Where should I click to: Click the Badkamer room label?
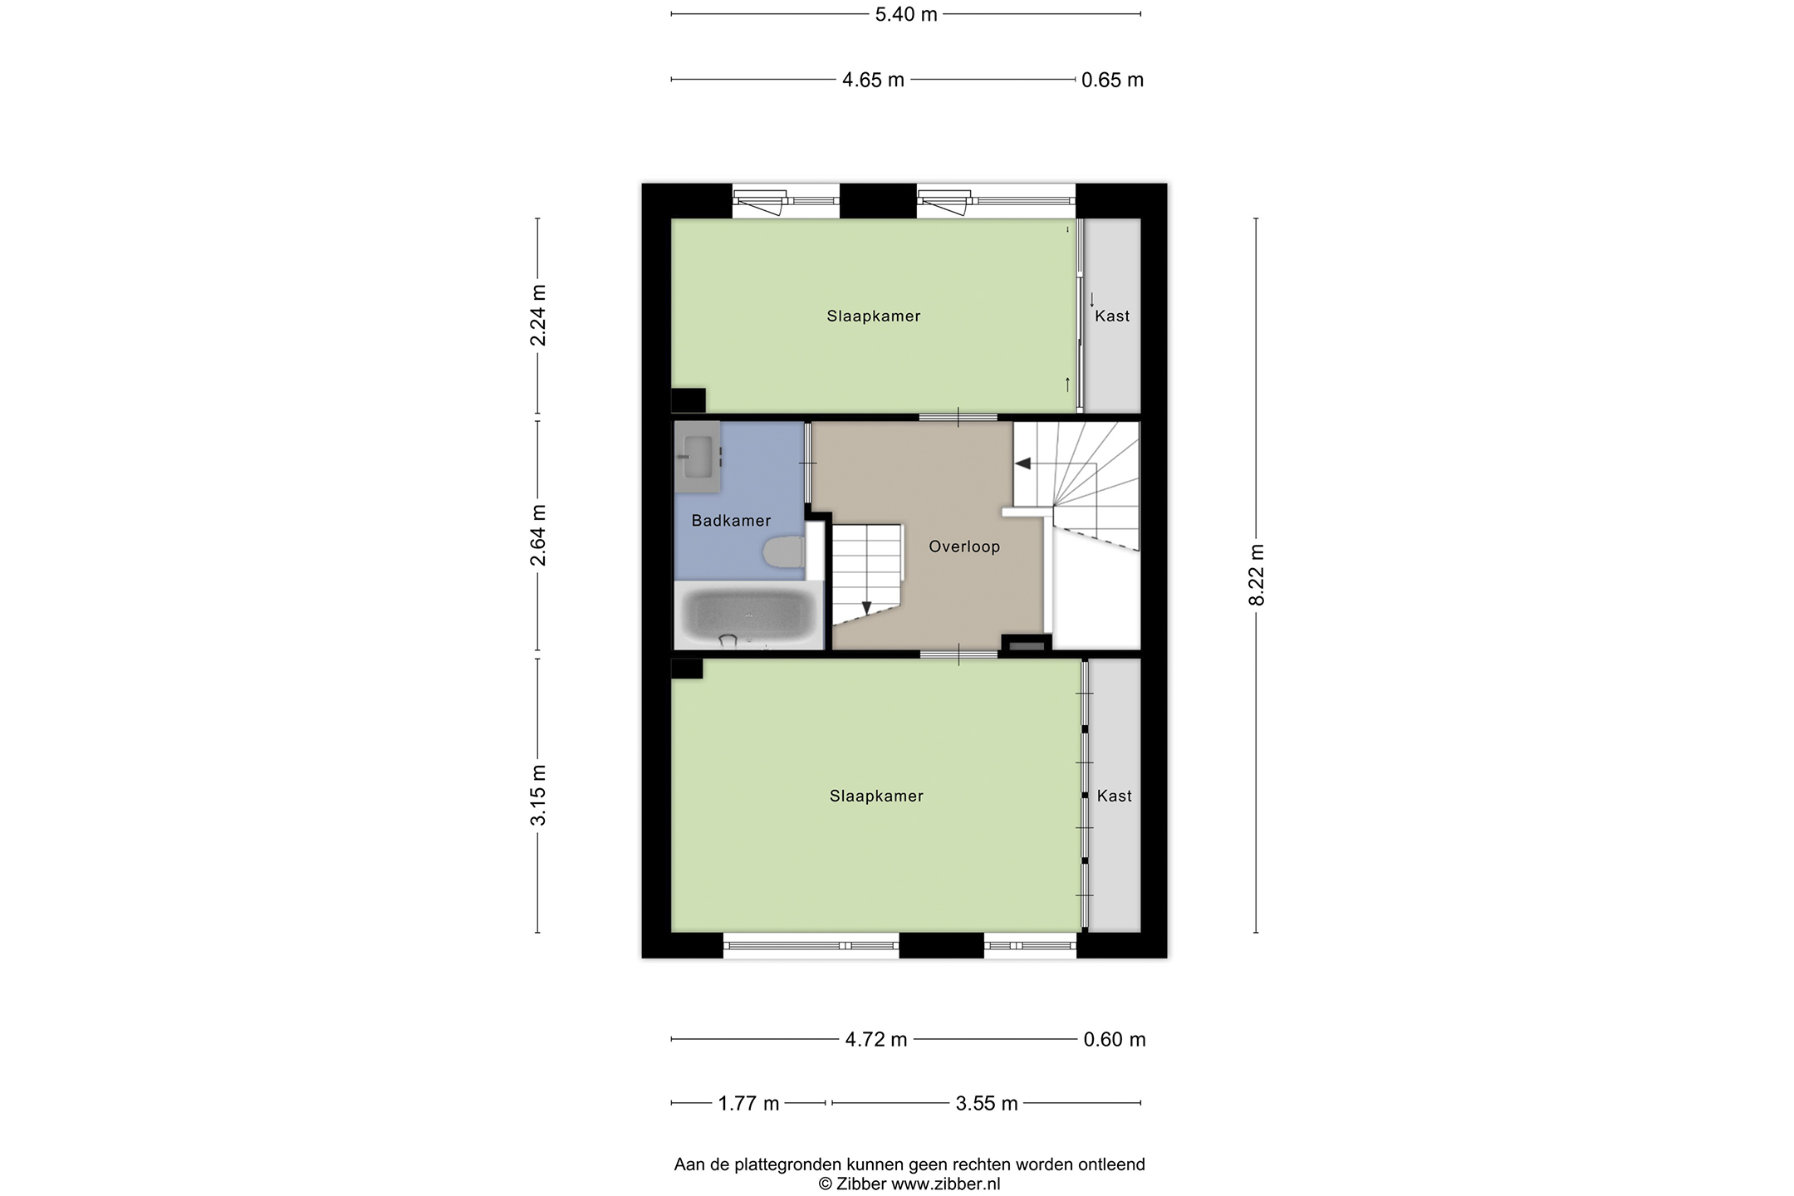point(731,521)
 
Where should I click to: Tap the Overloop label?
point(964,547)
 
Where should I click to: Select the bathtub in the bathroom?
point(749,615)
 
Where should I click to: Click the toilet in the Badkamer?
point(783,552)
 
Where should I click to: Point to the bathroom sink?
point(698,456)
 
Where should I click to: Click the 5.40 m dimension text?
point(906,14)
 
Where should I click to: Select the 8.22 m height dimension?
point(1257,575)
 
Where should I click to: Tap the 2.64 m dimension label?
point(538,535)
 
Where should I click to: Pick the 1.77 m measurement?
point(748,1103)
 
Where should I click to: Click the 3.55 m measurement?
point(987,1103)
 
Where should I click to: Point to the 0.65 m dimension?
point(1113,80)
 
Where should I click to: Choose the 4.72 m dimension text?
point(876,1039)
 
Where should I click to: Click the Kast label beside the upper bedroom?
point(1112,316)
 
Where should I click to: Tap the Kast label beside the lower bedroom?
point(1115,796)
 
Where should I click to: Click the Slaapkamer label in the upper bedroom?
point(874,316)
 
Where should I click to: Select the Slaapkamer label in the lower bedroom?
point(877,796)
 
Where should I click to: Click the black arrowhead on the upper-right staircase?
point(1023,463)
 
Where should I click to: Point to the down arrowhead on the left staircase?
point(867,608)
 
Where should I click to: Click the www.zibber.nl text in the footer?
point(946,1184)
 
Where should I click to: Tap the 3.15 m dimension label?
point(538,795)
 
